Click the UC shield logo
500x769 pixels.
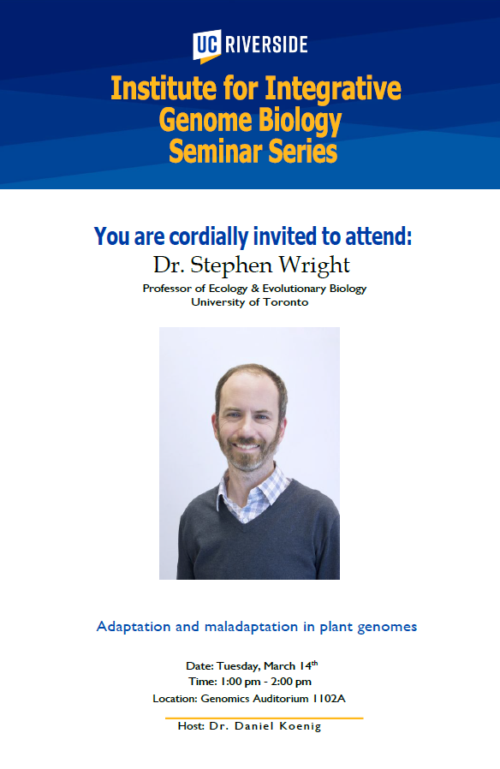[x=206, y=46]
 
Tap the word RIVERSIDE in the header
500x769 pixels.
[x=266, y=45]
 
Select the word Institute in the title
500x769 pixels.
[x=164, y=89]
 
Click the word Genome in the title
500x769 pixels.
[x=205, y=121]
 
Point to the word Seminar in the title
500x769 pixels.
[x=215, y=151]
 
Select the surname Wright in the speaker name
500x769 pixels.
[x=314, y=265]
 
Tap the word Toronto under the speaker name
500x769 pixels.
[x=285, y=302]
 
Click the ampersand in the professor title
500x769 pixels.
[x=255, y=289]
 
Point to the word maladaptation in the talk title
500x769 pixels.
[x=251, y=626]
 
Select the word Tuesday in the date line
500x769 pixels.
[x=238, y=666]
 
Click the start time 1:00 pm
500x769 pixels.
[x=241, y=682]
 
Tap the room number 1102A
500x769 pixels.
[x=329, y=699]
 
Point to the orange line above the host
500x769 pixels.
[x=264, y=718]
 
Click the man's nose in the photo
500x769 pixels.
[x=246, y=428]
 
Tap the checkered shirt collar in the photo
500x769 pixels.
[x=253, y=492]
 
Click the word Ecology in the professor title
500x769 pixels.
[x=229, y=289]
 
